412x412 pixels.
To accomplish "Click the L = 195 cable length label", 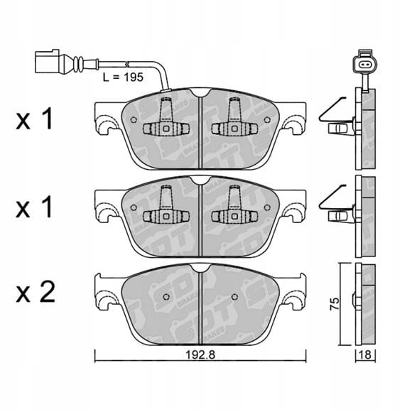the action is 123,77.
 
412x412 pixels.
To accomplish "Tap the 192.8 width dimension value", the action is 200,354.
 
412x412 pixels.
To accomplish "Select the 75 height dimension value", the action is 335,304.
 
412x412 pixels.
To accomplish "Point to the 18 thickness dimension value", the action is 365,354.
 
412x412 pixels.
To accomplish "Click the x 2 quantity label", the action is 36,292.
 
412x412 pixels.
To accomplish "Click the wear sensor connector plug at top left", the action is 48,61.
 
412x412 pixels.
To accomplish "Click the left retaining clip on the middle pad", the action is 166,205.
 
